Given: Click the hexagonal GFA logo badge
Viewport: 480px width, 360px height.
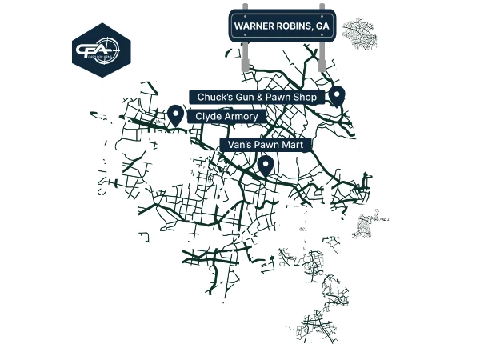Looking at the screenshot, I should pyautogui.click(x=101, y=50).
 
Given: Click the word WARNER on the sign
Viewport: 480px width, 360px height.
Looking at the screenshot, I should pyautogui.click(x=254, y=26).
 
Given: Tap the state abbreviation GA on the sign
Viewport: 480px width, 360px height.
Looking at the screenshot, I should pyautogui.click(x=322, y=26).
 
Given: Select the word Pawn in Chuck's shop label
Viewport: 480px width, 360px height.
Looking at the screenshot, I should pyautogui.click(x=280, y=98).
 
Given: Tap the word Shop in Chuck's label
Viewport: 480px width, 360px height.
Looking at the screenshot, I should pyautogui.click(x=308, y=98).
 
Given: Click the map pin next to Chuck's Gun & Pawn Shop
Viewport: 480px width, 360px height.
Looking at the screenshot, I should pyautogui.click(x=337, y=95).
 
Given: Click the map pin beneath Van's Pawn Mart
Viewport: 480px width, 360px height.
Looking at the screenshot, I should pyautogui.click(x=265, y=165).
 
